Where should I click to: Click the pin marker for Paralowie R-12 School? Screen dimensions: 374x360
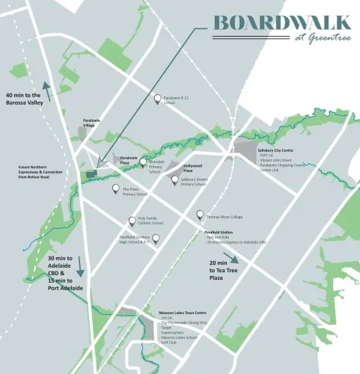click(157, 98)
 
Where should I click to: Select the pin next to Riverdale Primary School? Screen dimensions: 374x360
click(143, 162)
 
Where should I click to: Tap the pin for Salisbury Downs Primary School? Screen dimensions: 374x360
click(174, 179)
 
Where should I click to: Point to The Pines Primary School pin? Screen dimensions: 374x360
click(116, 189)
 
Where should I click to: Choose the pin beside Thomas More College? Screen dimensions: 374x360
click(200, 215)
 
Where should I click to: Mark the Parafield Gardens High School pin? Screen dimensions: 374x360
click(156, 239)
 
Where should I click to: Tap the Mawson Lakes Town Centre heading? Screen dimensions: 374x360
click(183, 313)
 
